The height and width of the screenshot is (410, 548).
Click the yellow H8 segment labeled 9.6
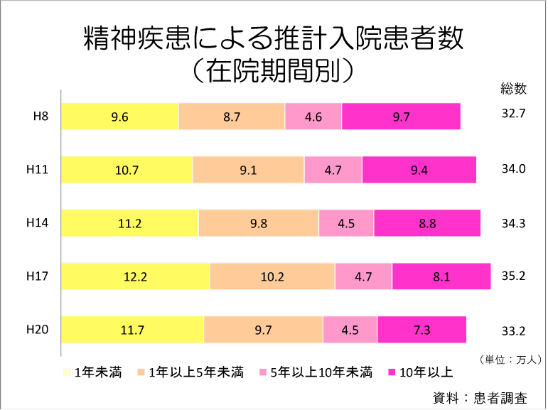coord(119,117)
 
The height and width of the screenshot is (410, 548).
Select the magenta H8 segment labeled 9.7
coord(401,117)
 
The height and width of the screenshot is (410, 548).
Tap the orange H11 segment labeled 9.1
coord(248,170)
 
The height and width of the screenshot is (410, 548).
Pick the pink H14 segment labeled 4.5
coord(346,223)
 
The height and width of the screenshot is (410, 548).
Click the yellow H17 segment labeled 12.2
coord(135,276)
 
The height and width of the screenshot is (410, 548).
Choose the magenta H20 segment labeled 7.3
coord(421,330)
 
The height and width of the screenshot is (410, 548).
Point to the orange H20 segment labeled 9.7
coord(263,330)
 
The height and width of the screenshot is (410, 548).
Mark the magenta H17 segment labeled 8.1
coord(441,276)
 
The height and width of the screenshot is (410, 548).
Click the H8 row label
coord(41,117)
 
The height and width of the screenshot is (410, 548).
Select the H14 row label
coord(37,222)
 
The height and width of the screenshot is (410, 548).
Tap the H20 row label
coord(37,329)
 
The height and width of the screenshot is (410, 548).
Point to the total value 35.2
coord(512,276)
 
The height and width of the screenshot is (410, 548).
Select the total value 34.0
coord(512,169)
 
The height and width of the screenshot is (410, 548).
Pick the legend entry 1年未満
coord(96,372)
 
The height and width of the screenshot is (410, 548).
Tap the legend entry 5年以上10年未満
coord(320,372)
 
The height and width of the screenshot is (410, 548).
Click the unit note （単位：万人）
coord(510,359)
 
